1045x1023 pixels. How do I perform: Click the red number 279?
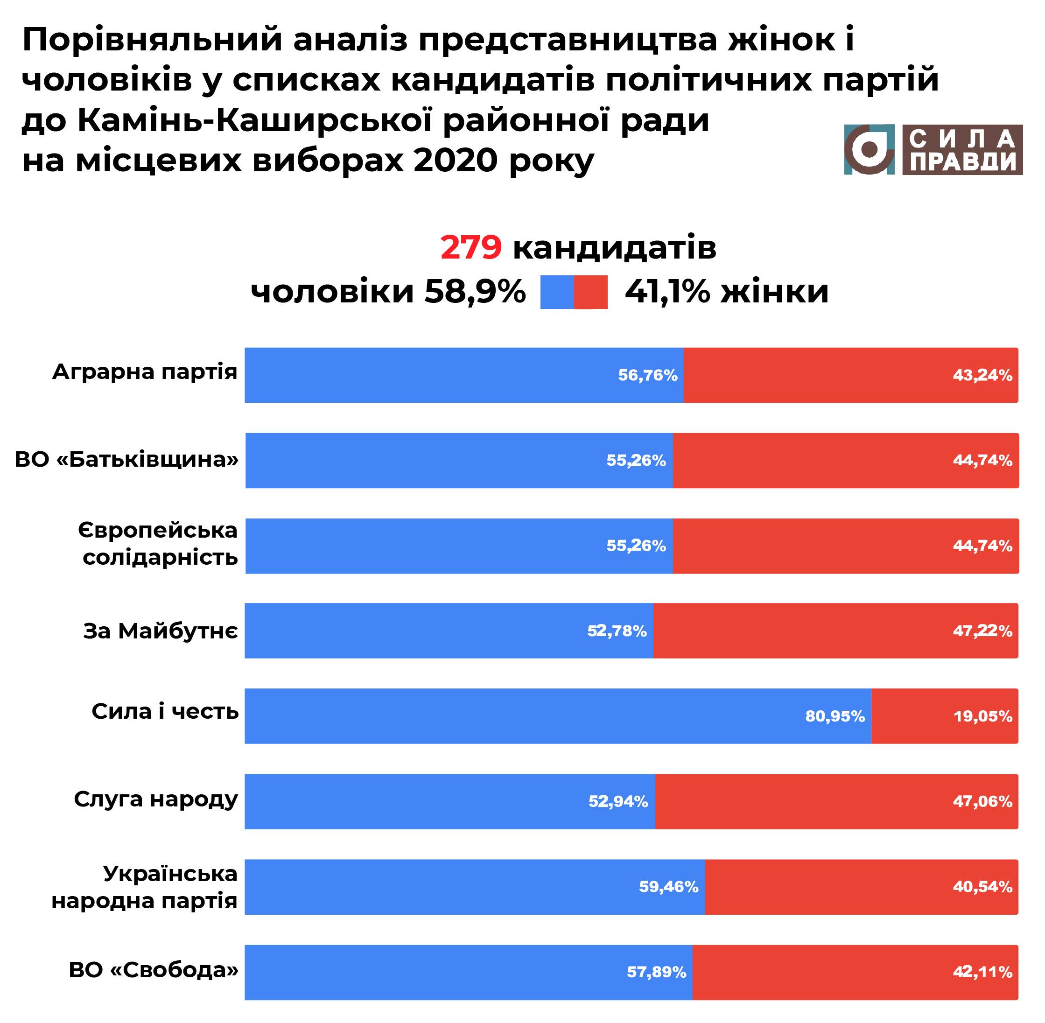pyautogui.click(x=470, y=248)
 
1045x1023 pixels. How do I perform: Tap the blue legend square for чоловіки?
pyautogui.click(x=557, y=292)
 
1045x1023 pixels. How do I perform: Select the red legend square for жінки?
pyautogui.click(x=590, y=292)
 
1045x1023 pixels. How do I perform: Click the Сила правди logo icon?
pyautogui.click(x=869, y=149)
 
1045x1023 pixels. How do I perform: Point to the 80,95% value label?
pyautogui.click(x=835, y=716)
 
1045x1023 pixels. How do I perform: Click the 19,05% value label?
pyautogui.click(x=982, y=716)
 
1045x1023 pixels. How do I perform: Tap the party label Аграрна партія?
pyautogui.click(x=145, y=372)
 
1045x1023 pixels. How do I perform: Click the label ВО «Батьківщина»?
pyautogui.click(x=127, y=460)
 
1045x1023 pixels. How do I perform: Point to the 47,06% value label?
pyautogui.click(x=982, y=802)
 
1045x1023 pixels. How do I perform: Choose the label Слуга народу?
pyautogui.click(x=156, y=799)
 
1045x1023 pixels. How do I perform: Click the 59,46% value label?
pyautogui.click(x=668, y=887)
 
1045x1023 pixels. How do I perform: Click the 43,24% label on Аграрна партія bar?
pyautogui.click(x=982, y=375)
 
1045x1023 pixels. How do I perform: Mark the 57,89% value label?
pyautogui.click(x=657, y=973)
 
